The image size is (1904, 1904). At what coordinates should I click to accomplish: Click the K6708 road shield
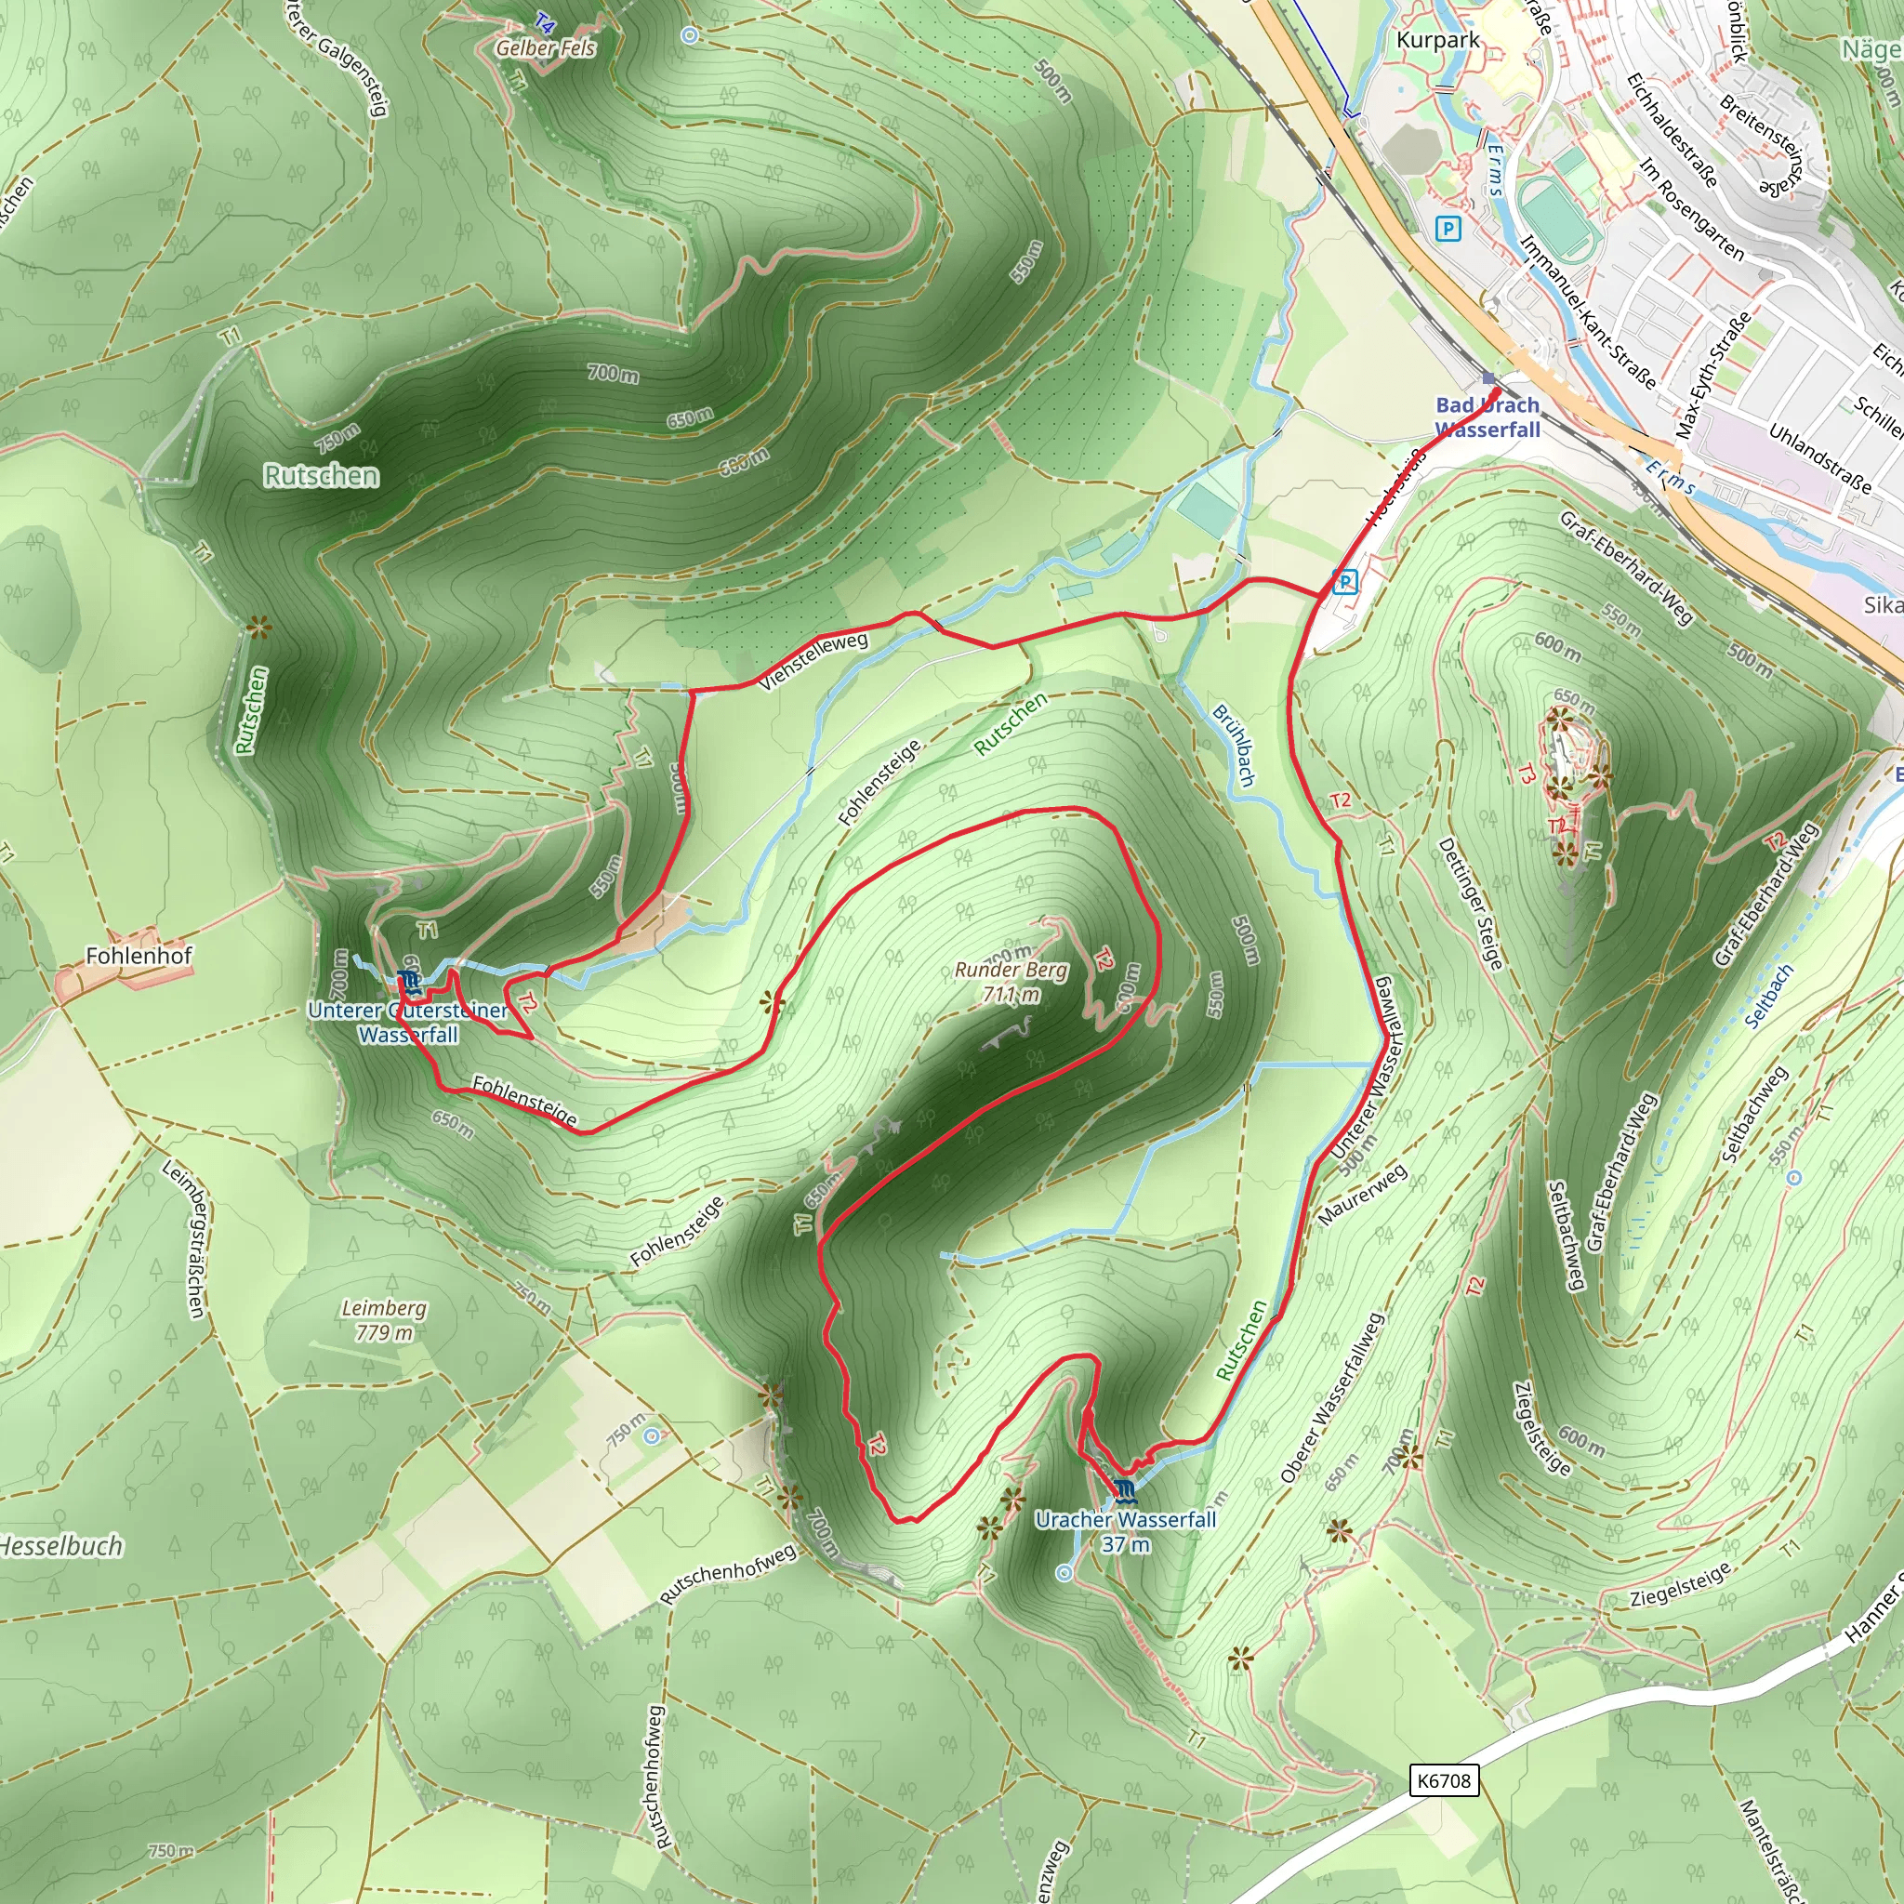[x=1444, y=1780]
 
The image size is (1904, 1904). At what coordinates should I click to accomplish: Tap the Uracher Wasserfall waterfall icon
[x=1126, y=1489]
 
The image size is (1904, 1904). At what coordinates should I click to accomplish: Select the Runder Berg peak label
[x=1011, y=982]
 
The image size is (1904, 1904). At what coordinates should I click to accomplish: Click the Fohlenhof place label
[x=139, y=955]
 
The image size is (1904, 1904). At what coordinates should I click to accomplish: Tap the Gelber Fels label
[x=546, y=47]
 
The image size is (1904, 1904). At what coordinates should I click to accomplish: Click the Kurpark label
[x=1438, y=40]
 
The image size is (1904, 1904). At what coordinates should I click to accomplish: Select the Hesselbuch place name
[x=61, y=1546]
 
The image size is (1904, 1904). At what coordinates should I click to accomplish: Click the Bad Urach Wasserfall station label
[x=1488, y=417]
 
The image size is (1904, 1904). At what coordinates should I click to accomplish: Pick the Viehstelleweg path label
[x=814, y=659]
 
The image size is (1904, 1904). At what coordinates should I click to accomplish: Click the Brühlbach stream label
[x=1234, y=745]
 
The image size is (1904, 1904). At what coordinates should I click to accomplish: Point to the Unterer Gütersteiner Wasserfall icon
[x=409, y=980]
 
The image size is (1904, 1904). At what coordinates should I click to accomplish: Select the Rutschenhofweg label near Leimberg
[x=727, y=1574]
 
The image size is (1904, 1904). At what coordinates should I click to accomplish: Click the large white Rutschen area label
[x=322, y=476]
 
